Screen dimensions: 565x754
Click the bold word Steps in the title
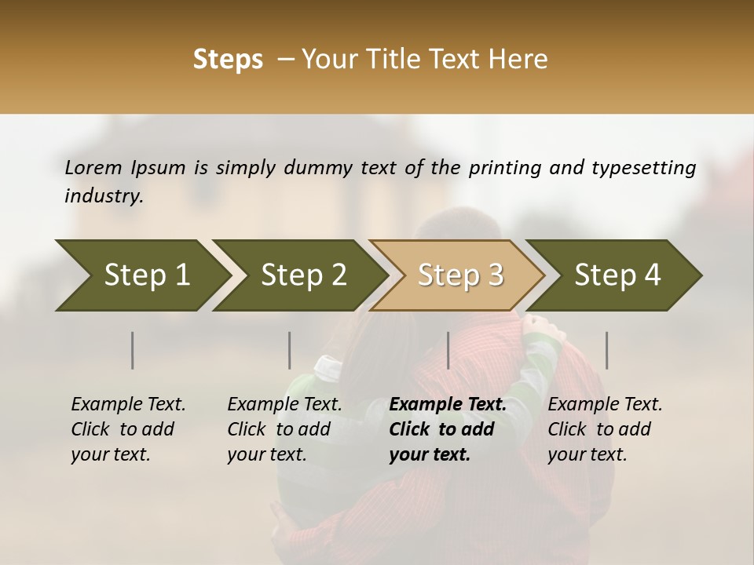coord(228,60)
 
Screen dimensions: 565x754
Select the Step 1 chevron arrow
coord(141,275)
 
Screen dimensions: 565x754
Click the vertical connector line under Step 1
coord(133,350)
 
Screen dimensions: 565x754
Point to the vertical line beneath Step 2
coord(290,350)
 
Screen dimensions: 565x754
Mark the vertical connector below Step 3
coord(448,350)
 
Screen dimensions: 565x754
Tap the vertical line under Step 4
coord(607,350)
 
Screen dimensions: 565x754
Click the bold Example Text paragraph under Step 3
coord(448,429)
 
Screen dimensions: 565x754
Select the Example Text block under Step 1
coord(128,429)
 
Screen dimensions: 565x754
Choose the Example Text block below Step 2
coord(284,429)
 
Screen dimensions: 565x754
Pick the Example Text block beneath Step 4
coord(605,429)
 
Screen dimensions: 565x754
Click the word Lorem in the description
coord(93,167)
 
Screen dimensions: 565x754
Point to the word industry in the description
coord(104,196)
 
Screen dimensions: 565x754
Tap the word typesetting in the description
coord(643,168)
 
